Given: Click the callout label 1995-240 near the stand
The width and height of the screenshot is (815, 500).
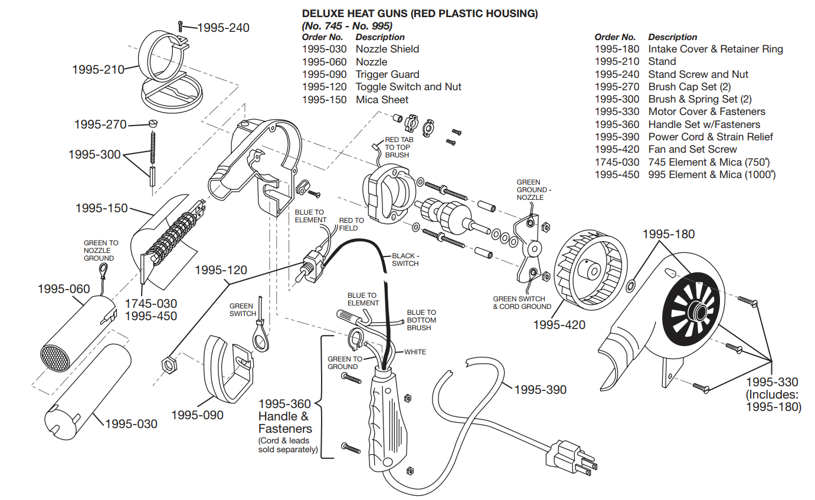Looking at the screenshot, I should point(223,28).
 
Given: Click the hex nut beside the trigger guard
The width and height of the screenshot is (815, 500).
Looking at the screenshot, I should point(168,365).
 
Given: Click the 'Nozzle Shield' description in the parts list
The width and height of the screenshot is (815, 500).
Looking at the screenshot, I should point(387,49).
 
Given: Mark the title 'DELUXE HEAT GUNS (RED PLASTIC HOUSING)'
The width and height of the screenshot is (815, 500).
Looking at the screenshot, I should point(420,14).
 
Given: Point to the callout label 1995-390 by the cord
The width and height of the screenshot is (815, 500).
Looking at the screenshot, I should point(540,390).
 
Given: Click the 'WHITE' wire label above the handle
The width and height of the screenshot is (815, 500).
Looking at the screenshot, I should point(415,352).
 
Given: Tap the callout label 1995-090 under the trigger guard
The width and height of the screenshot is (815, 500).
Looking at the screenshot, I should point(197,415).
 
